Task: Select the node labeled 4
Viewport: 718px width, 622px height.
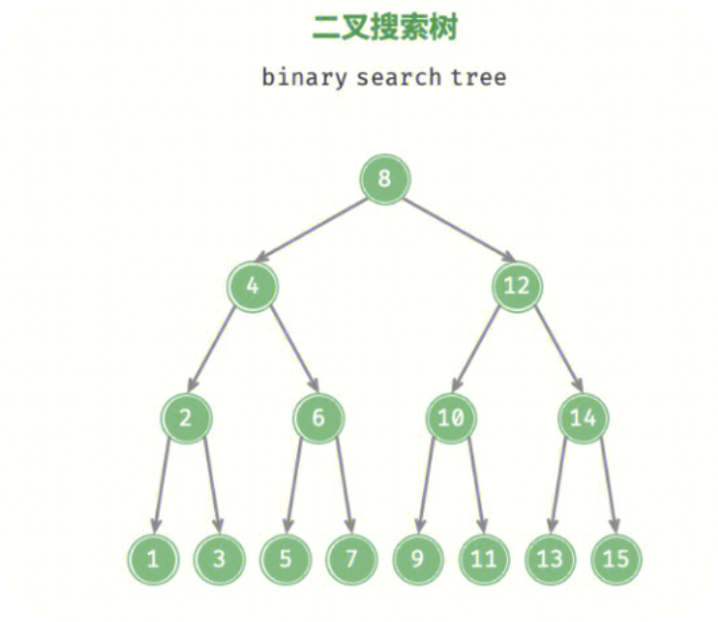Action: (252, 287)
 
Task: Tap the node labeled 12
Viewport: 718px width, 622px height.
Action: (516, 287)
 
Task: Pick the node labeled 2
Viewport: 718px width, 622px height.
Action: (185, 419)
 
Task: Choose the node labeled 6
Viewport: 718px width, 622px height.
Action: (318, 419)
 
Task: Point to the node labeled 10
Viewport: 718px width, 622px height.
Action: (451, 419)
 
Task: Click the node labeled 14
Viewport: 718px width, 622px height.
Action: (583, 419)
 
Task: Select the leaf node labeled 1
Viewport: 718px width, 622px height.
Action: (153, 559)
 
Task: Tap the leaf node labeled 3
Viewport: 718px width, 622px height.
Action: (219, 559)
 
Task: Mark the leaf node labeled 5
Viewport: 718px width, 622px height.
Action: (285, 559)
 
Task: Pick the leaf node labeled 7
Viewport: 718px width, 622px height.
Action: (351, 559)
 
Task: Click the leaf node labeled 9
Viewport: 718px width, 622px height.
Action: (417, 559)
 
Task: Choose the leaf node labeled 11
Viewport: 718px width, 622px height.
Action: (483, 559)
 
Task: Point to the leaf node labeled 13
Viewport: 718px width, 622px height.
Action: (549, 559)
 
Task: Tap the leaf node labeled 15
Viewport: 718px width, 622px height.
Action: (615, 559)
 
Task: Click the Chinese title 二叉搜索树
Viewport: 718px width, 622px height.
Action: (384, 28)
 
